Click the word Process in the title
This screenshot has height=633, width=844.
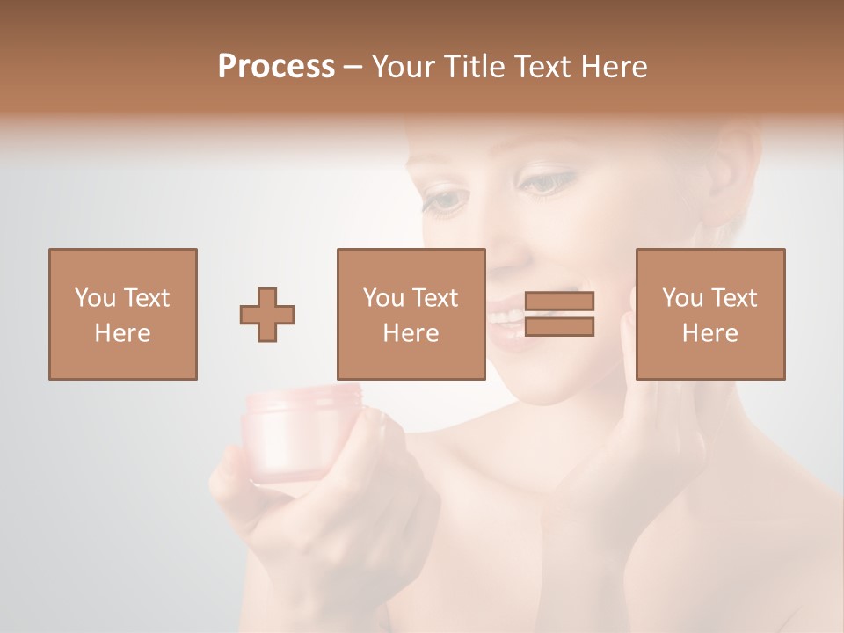(276, 67)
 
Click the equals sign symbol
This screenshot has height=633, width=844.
(559, 314)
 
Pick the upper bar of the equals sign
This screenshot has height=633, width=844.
(559, 301)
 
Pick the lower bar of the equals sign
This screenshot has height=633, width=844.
(559, 327)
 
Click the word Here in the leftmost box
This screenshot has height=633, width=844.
(122, 333)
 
